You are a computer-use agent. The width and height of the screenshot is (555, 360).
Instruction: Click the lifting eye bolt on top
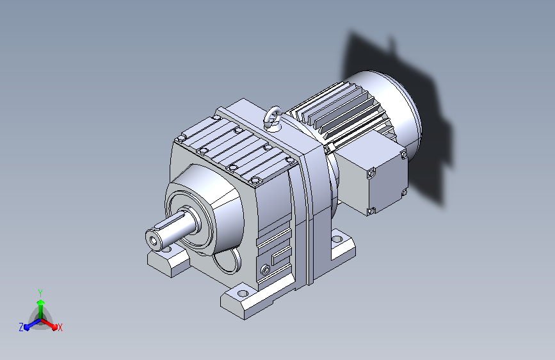[273, 117]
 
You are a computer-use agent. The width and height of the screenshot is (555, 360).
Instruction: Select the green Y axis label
[40, 293]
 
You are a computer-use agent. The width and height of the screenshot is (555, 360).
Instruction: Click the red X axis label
[60, 327]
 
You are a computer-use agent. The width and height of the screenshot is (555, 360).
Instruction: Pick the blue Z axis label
[21, 327]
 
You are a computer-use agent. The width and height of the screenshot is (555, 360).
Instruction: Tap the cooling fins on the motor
[340, 110]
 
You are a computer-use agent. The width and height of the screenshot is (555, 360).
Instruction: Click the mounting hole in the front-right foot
[243, 293]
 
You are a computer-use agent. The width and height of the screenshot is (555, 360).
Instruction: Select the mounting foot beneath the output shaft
[168, 261]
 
